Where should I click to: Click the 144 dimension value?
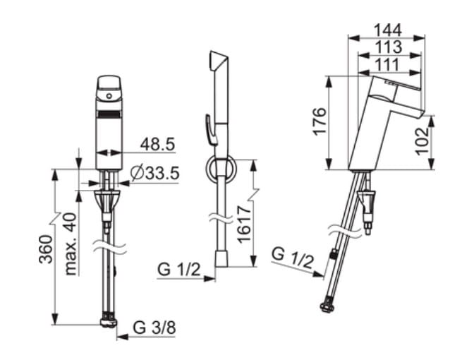click(388, 30)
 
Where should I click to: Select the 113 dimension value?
click(389, 47)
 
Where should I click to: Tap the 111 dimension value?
click(388, 65)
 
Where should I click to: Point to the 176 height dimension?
click(320, 121)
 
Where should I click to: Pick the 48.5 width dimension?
click(157, 144)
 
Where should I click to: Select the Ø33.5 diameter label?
click(154, 174)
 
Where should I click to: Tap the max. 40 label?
click(71, 244)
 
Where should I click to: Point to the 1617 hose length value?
click(244, 224)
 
